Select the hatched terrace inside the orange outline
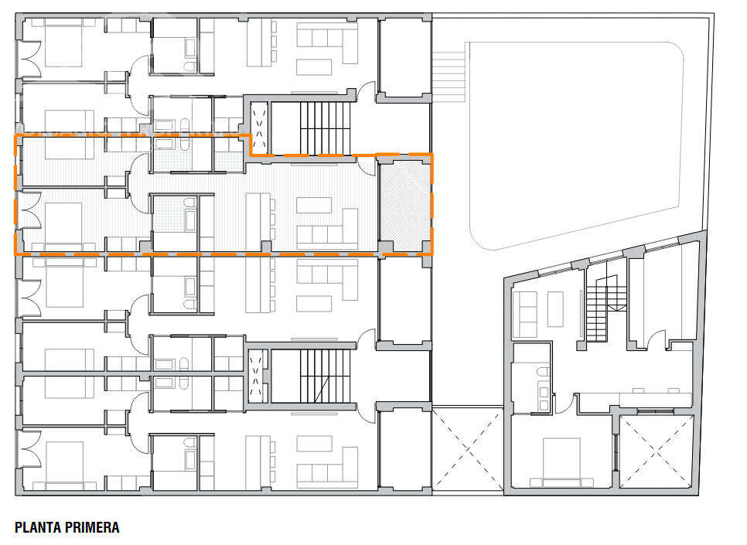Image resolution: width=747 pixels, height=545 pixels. click(404, 203)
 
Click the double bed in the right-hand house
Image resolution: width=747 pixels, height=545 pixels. click(561, 461)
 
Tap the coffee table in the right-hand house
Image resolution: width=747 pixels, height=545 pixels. click(555, 308)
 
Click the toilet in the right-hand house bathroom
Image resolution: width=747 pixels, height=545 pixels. click(543, 373)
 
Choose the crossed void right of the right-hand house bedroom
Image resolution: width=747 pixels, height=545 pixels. click(657, 452)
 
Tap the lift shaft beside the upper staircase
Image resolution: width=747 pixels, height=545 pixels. click(257, 127)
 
